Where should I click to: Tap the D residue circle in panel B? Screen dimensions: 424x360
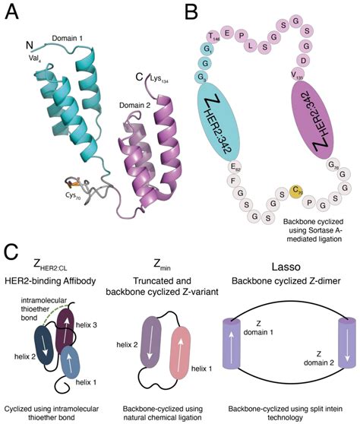coord(304,59)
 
